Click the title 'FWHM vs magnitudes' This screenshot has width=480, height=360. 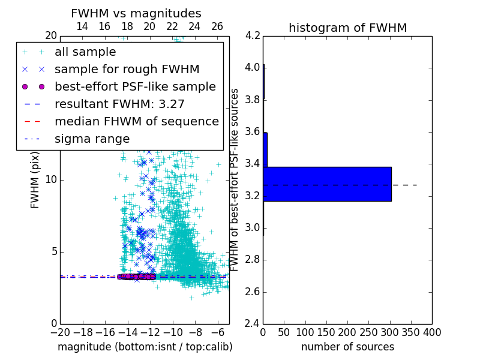coord(136,13)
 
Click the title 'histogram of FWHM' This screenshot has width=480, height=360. coord(347,28)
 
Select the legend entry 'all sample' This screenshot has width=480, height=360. coord(85,52)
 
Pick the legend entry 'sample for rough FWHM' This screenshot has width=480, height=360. coord(127,69)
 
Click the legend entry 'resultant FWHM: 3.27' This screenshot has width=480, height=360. coord(119,104)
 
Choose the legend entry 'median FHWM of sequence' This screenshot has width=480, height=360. coord(136,121)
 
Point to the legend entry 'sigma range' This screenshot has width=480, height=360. coord(92,139)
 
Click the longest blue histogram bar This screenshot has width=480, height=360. coord(327,184)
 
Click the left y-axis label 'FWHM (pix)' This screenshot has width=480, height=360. coord(35,180)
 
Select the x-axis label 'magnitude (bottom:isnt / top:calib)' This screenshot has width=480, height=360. coord(145,347)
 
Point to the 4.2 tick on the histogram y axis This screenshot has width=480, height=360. coord(252,35)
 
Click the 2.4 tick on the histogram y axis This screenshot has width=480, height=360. coord(252,324)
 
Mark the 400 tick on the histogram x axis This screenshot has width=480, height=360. coord(432,332)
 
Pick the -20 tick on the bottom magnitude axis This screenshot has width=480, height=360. coord(60,332)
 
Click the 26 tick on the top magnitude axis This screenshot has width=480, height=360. coord(217,26)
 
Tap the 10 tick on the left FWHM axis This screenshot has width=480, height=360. coord(51,180)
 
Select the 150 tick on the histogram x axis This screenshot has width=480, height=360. coord(326,332)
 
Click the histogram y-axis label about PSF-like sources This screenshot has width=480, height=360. coord(235,180)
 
